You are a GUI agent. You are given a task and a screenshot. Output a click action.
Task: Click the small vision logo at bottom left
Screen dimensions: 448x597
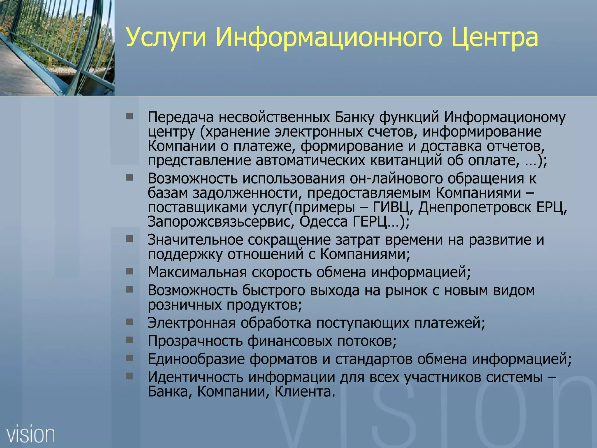click(31, 435)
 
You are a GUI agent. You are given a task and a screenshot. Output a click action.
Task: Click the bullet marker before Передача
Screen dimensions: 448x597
click(129, 116)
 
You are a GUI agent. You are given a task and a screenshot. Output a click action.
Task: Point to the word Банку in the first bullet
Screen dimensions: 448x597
click(354, 117)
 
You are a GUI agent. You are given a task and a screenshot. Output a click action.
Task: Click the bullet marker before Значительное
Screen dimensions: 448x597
click(129, 239)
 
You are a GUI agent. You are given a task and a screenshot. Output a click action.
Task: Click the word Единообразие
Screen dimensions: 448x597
click(196, 359)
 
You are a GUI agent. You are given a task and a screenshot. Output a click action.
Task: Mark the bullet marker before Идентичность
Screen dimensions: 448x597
click(129, 376)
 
